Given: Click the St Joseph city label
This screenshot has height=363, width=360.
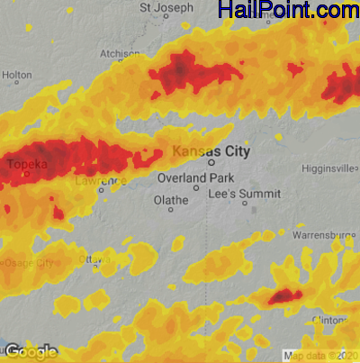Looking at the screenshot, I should click(x=166, y=8).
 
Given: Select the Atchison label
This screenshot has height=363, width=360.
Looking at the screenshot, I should click(x=120, y=54).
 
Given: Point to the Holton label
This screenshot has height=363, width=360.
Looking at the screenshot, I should click(x=17, y=76).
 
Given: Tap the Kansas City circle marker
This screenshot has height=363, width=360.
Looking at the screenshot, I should click(x=212, y=164).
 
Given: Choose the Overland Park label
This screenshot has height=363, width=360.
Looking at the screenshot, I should click(x=195, y=178).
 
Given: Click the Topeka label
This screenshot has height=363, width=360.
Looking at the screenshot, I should click(x=28, y=165).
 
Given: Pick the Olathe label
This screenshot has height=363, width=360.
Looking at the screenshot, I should click(x=171, y=199).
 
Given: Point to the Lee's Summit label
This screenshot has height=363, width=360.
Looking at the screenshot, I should click(x=244, y=194).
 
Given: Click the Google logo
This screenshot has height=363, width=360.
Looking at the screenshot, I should click(x=31, y=351).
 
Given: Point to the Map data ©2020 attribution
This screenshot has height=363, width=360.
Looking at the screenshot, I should click(x=319, y=356).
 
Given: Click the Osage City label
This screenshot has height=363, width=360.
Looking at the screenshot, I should click(x=27, y=262).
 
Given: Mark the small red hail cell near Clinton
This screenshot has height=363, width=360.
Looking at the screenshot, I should click(x=283, y=295).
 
